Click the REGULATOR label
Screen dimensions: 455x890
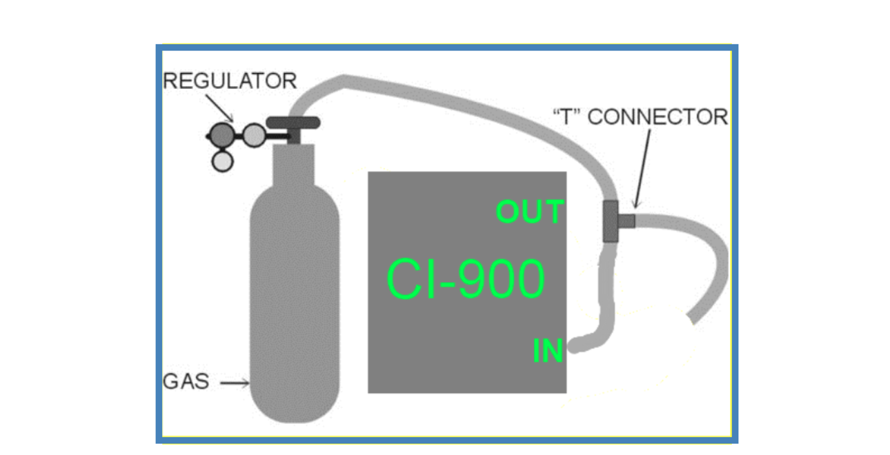(x=229, y=81)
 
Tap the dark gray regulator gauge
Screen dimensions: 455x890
(x=222, y=134)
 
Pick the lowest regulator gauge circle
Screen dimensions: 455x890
(x=222, y=161)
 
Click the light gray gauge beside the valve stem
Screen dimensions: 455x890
(x=254, y=134)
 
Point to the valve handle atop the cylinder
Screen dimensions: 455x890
(x=293, y=123)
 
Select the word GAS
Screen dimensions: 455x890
(x=186, y=381)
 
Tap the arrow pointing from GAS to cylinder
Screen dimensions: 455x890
(x=236, y=383)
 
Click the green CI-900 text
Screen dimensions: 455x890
(x=466, y=280)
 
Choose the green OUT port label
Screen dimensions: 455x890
(x=530, y=212)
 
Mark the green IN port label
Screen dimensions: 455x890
(x=548, y=352)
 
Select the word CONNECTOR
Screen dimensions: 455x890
(x=657, y=117)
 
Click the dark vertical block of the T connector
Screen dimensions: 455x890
(x=611, y=221)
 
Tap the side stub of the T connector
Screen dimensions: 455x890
(x=626, y=221)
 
